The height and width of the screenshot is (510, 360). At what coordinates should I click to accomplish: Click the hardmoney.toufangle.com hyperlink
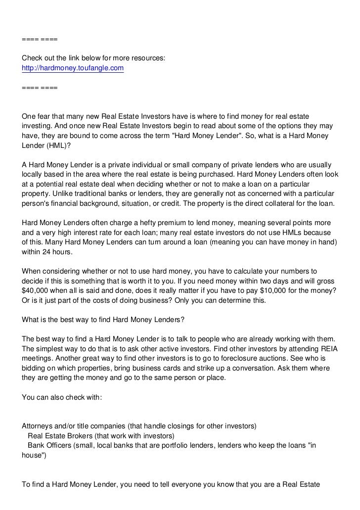[x=73, y=68]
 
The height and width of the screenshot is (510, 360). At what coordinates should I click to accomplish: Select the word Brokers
[x=84, y=436]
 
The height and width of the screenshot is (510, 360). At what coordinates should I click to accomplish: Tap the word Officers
[x=62, y=446]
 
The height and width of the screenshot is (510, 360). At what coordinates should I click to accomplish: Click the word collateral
[x=278, y=203]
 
